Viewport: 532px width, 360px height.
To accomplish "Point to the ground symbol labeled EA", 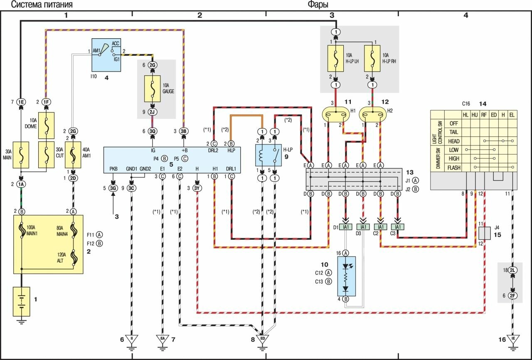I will [163, 338].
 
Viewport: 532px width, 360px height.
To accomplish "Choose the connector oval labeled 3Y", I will [197, 188].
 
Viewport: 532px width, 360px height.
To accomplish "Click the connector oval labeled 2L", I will [512, 270].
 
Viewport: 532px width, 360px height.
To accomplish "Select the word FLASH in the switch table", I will [453, 168].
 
